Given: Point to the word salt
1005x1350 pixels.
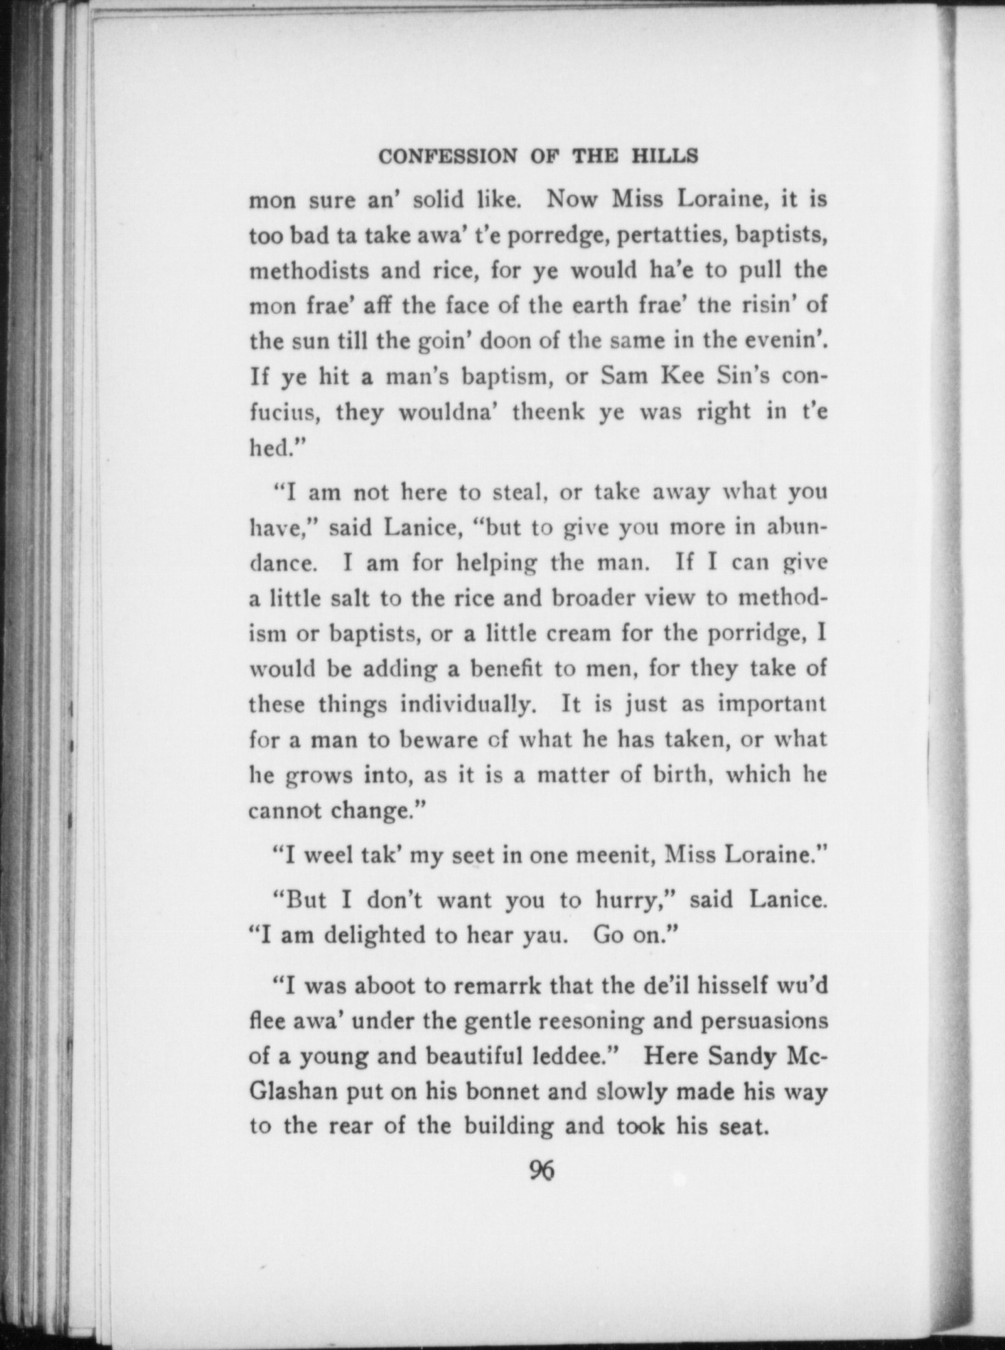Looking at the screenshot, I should coord(347,598).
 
